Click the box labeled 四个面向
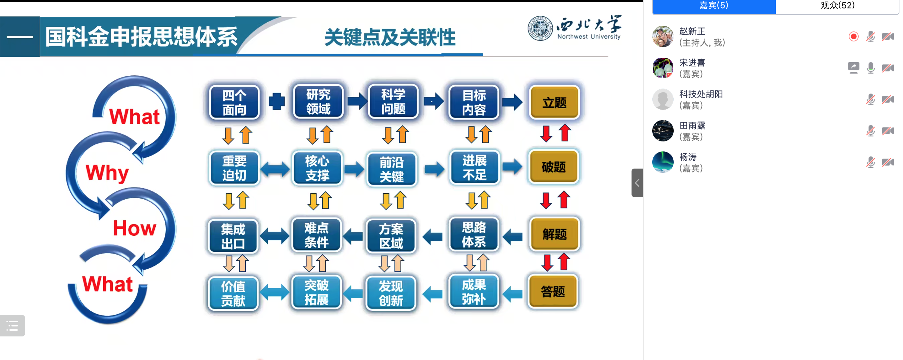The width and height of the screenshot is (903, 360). click(x=234, y=102)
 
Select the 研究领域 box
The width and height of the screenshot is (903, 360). click(x=318, y=102)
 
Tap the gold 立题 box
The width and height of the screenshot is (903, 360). click(x=554, y=102)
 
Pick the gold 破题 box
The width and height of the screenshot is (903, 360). click(x=553, y=167)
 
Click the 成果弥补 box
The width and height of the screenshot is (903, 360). click(x=474, y=292)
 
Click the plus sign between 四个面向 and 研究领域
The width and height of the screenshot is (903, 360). click(x=276, y=101)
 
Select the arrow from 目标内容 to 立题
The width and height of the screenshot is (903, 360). click(x=512, y=102)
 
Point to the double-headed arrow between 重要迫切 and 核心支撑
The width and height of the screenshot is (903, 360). click(x=275, y=169)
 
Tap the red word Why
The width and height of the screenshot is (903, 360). click(x=107, y=173)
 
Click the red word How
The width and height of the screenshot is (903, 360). click(x=135, y=228)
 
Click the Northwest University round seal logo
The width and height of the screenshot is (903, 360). click(x=540, y=29)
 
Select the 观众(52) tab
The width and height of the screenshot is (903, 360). click(x=837, y=6)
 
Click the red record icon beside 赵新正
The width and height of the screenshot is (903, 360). click(x=853, y=36)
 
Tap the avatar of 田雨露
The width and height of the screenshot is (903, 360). click(x=663, y=131)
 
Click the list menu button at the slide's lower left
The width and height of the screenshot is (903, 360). click(x=13, y=326)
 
